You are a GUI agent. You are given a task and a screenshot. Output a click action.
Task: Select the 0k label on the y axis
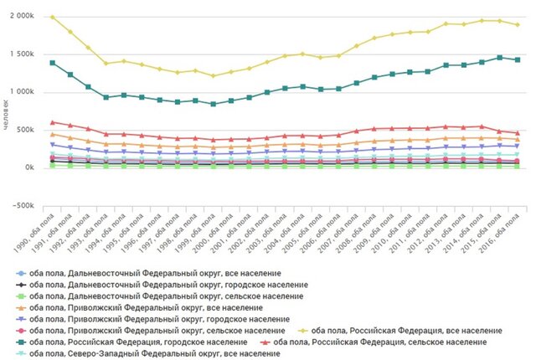click(x=28, y=167)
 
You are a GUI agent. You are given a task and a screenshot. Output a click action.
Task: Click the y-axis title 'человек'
click(x=7, y=113)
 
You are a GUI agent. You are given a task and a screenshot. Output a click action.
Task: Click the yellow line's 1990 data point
click(x=52, y=17)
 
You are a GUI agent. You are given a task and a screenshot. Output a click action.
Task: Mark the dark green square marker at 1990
click(x=52, y=63)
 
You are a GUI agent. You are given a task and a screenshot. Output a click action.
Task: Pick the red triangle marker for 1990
click(x=52, y=122)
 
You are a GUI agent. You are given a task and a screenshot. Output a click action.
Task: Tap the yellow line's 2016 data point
click(x=518, y=24)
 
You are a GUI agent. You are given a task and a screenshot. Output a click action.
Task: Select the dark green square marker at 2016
click(x=518, y=60)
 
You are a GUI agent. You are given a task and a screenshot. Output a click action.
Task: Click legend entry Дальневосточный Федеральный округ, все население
click(x=155, y=274)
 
